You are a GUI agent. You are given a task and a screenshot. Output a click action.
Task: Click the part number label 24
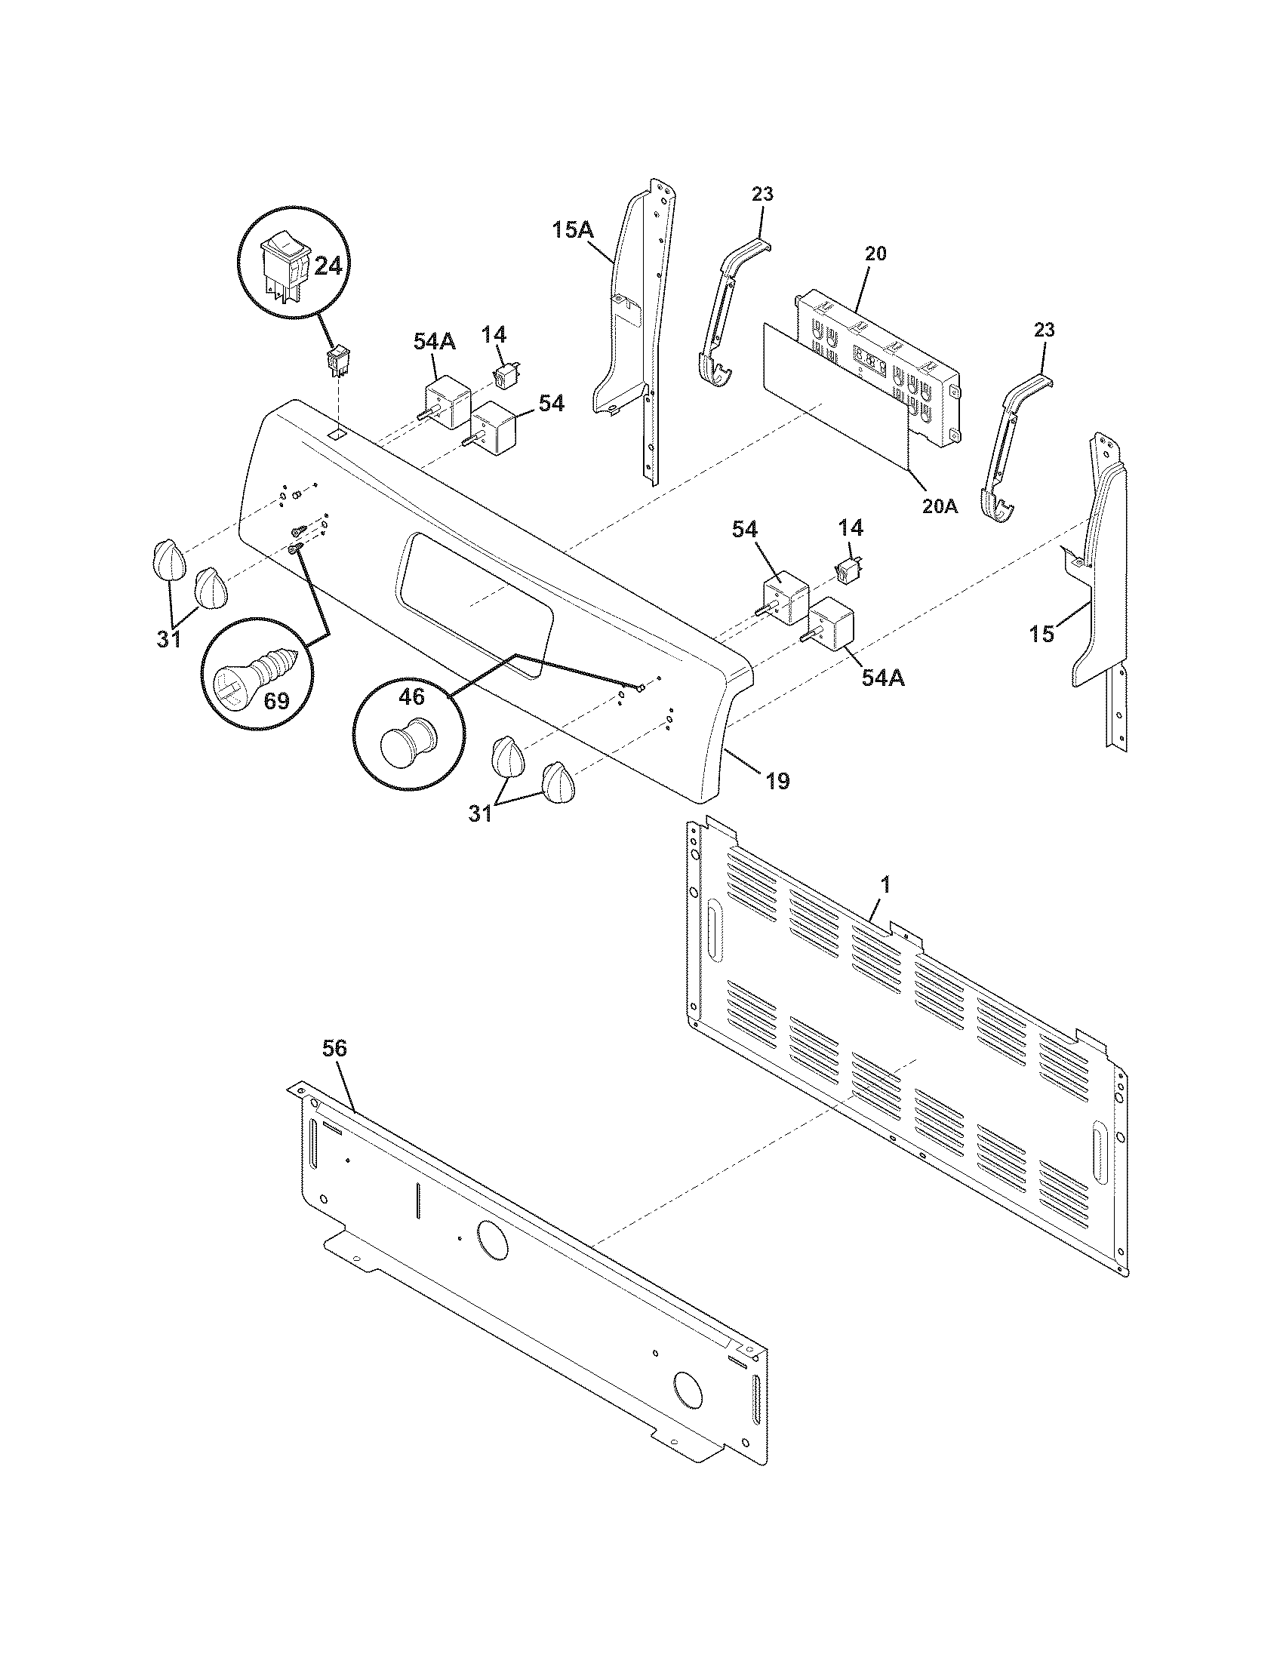[328, 266]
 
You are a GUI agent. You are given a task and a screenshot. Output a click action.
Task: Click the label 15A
[573, 229]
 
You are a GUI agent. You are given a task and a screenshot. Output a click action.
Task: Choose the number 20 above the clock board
[875, 254]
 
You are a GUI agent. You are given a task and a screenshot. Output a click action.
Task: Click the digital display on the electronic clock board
[871, 358]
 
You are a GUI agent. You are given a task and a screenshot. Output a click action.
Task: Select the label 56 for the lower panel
[334, 1049]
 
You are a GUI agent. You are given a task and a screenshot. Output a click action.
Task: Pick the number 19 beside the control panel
[777, 780]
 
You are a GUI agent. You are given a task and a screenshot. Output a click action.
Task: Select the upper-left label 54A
[435, 342]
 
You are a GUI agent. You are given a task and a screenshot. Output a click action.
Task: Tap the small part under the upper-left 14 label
[502, 374]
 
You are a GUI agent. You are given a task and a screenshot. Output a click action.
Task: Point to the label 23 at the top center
[762, 194]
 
